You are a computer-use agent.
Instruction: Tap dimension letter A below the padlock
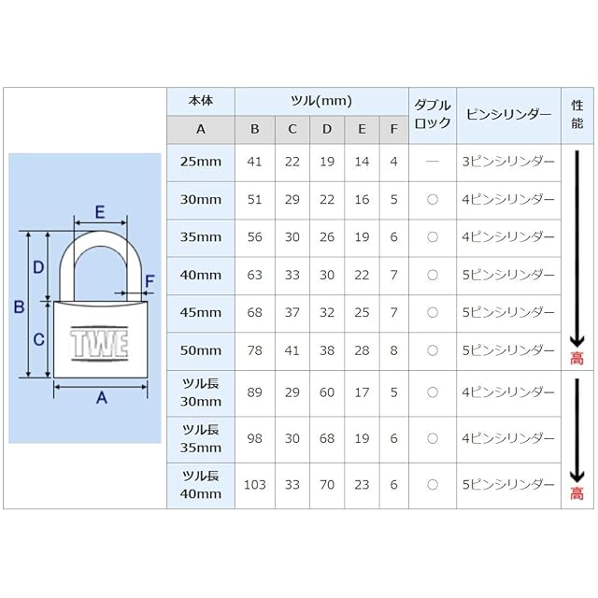point(102,399)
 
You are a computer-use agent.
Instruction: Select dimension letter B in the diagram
point(18,306)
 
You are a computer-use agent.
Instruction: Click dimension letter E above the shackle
point(99,212)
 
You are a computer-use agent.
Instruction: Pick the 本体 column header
point(201,101)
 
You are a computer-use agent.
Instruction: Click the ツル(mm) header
point(320,101)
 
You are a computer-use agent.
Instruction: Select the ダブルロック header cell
point(432,114)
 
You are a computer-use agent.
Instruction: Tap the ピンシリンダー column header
point(507,114)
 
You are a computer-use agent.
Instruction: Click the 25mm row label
point(201,162)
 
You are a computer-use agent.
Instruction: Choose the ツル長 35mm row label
point(201,439)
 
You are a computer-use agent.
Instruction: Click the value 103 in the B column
point(254,485)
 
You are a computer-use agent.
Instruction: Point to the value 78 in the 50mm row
point(254,351)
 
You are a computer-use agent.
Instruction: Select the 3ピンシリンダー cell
point(507,162)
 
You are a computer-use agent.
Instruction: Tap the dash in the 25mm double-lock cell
point(432,162)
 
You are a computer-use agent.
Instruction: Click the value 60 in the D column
point(327,393)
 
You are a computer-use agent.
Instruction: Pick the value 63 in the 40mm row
point(254,276)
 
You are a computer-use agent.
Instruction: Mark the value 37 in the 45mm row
point(292,313)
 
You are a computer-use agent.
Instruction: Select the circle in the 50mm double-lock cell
point(432,351)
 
